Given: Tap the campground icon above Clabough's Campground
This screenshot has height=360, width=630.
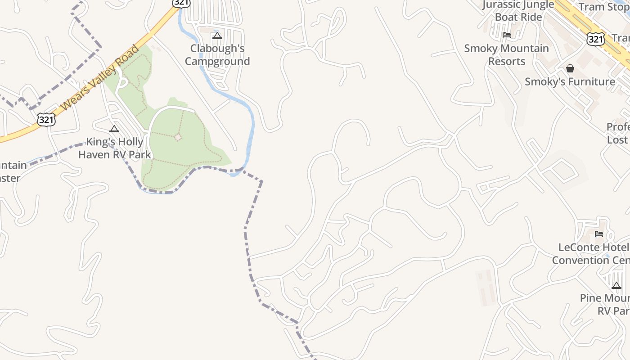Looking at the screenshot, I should (x=217, y=36).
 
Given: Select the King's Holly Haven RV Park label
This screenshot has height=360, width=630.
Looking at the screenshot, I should (x=115, y=148).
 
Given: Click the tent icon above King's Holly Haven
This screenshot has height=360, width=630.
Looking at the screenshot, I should (x=114, y=129).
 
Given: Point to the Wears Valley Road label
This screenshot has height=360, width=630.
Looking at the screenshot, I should (x=99, y=77).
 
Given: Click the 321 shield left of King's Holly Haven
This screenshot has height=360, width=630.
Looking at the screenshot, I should (x=46, y=120).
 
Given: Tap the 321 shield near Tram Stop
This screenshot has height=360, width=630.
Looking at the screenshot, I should (x=595, y=39).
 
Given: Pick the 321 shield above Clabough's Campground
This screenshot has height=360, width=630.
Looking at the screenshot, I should (x=181, y=3).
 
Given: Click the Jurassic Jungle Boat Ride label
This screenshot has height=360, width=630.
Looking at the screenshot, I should (x=518, y=11).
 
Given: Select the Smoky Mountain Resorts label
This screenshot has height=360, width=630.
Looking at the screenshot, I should (x=506, y=54).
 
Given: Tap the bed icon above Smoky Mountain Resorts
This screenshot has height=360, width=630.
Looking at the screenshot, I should (x=507, y=35).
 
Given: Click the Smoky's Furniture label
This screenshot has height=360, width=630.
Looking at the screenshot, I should (x=570, y=81).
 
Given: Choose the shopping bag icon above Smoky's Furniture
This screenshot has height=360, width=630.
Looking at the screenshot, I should (x=570, y=68).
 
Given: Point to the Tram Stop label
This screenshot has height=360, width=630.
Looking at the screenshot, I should (x=603, y=7).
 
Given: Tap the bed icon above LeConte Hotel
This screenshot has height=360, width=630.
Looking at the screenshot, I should (x=599, y=234).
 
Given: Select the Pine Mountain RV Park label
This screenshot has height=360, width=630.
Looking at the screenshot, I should (x=605, y=304).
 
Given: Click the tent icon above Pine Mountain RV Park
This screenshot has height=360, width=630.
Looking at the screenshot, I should (x=616, y=285).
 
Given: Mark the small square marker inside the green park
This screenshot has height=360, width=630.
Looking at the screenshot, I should (x=178, y=137).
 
